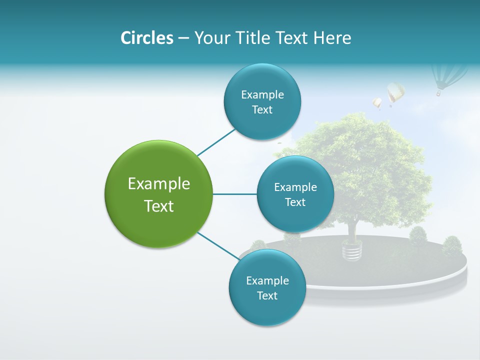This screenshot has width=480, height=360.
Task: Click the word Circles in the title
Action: (146, 37)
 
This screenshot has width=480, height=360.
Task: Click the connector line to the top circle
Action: (216, 142)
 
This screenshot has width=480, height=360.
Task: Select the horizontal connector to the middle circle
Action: (234, 194)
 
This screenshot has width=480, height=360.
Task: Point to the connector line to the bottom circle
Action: (218, 245)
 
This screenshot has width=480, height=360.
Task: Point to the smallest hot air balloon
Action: (377, 103)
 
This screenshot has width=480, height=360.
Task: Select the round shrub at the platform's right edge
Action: (452, 245)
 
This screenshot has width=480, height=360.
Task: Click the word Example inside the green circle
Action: (159, 184)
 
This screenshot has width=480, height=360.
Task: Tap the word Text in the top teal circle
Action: (262, 110)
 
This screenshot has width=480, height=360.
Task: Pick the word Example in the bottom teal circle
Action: (267, 280)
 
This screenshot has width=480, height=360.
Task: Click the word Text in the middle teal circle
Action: (295, 202)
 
